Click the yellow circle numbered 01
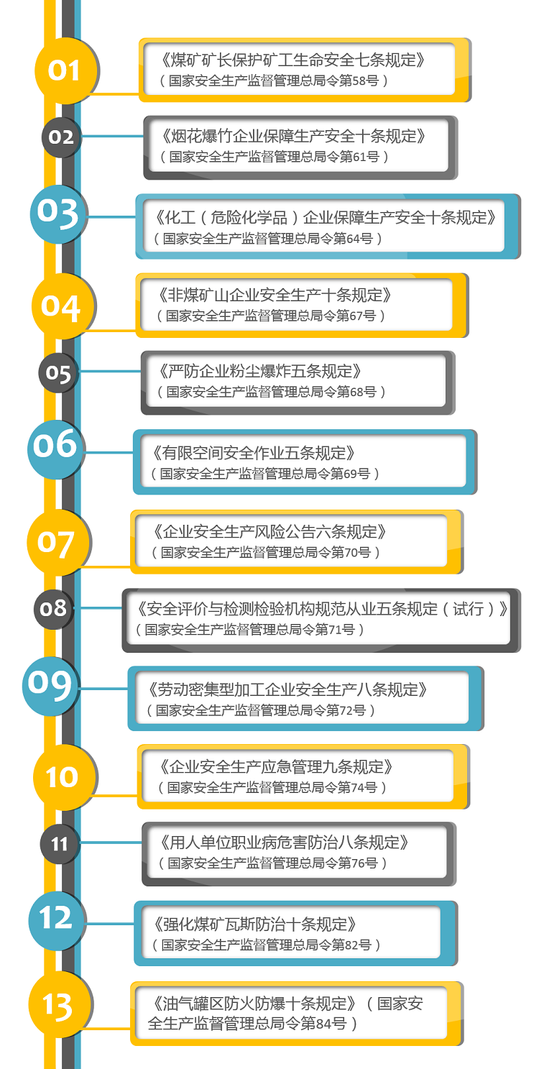tap(66, 70)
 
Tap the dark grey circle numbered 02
tap(62, 137)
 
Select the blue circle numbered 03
tap(59, 214)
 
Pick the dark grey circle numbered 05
tap(58, 372)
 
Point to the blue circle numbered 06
tap(56, 449)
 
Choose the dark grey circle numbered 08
tap(53, 609)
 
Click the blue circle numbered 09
tap(50, 685)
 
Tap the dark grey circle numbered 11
tap(60, 844)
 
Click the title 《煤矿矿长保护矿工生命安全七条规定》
tap(292, 60)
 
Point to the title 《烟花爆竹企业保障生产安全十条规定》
tap(293, 136)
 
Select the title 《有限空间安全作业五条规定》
tap(253, 452)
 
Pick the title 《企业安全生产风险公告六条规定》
tap(269, 531)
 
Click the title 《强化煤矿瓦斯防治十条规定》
tap(254, 924)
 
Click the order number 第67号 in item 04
tap(356, 316)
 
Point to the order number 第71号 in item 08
tap(335, 630)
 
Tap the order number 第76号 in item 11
tap(358, 863)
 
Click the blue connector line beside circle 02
tap(113, 137)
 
